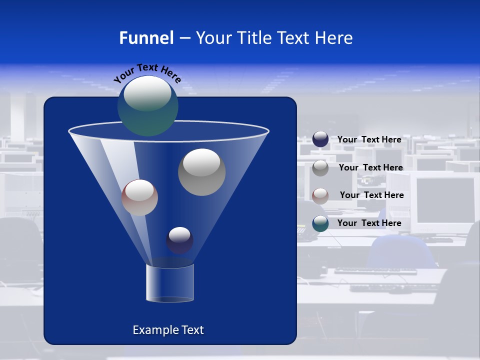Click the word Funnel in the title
146,38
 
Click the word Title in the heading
253,38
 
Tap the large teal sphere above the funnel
147,105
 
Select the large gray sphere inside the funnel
202,172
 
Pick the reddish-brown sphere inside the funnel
139,197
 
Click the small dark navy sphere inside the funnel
179,240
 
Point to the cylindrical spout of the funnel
170,283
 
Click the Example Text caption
168,330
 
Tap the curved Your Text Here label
147,73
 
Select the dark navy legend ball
320,139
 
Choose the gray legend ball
320,167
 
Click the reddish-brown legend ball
320,195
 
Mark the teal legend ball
320,223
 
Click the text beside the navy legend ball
369,139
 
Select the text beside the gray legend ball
370,167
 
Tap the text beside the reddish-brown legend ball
371,195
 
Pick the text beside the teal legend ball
369,223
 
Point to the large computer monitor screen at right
444,200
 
